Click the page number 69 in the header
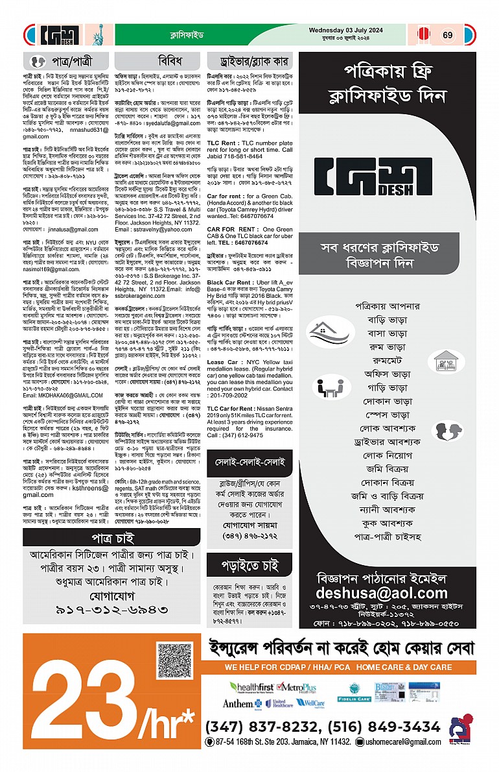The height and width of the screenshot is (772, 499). [448, 35]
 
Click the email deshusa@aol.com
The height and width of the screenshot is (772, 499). [382, 593]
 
